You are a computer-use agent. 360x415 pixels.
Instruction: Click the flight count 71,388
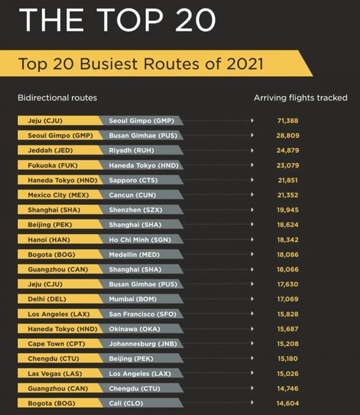287,121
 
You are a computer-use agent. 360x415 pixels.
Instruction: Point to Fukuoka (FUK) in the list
48,165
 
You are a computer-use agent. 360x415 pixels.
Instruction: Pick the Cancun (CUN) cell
132,195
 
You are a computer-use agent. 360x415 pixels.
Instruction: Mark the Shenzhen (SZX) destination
135,210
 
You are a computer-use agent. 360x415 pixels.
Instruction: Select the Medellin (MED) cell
134,254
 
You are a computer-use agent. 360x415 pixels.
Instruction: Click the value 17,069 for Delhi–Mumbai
287,299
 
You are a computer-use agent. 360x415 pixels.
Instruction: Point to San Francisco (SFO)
142,314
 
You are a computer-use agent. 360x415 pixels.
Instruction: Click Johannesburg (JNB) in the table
142,344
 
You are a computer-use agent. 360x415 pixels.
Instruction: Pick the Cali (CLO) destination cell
126,403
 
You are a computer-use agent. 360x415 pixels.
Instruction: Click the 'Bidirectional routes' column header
57,97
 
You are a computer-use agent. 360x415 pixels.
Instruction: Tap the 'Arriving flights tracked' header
300,97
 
